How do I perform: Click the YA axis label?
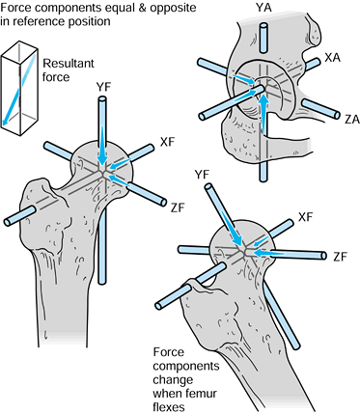(x=263, y=7)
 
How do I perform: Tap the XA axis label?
(x=332, y=58)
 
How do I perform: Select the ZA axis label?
(x=351, y=120)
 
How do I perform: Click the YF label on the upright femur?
(x=103, y=88)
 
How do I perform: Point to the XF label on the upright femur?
(x=167, y=142)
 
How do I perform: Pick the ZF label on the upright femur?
(x=178, y=208)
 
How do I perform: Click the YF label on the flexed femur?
(x=202, y=175)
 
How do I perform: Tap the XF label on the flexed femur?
(x=305, y=217)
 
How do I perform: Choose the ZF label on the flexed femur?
(x=341, y=257)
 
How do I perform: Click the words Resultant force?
(x=69, y=70)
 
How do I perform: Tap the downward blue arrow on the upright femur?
(x=102, y=145)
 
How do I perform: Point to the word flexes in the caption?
(x=169, y=407)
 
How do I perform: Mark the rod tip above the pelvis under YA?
(x=263, y=26)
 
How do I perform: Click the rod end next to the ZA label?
(x=337, y=115)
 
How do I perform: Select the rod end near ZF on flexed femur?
(x=323, y=256)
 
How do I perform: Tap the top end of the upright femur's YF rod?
(x=102, y=100)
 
